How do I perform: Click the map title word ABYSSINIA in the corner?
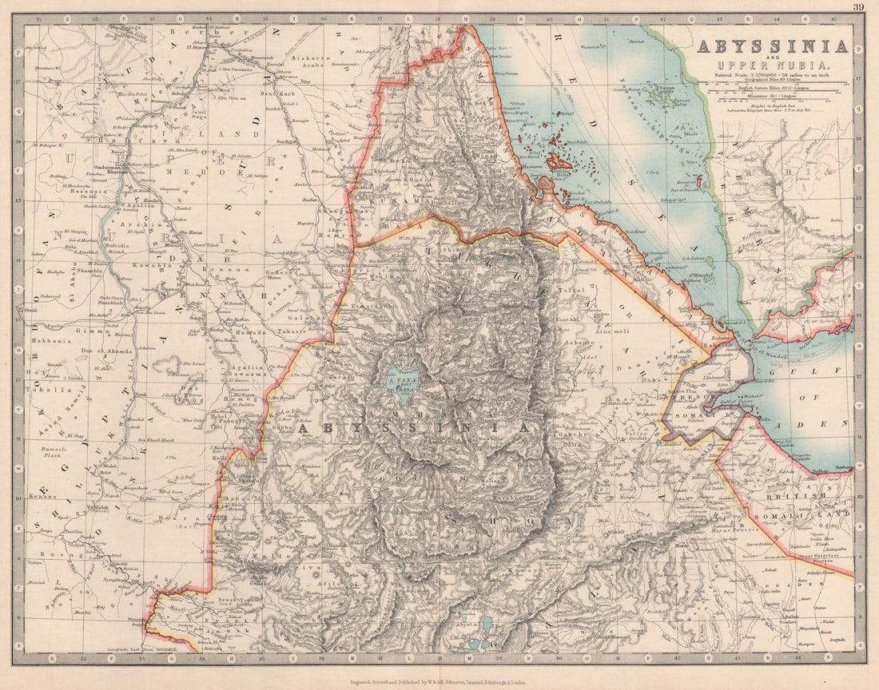771,46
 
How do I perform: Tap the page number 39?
857,7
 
